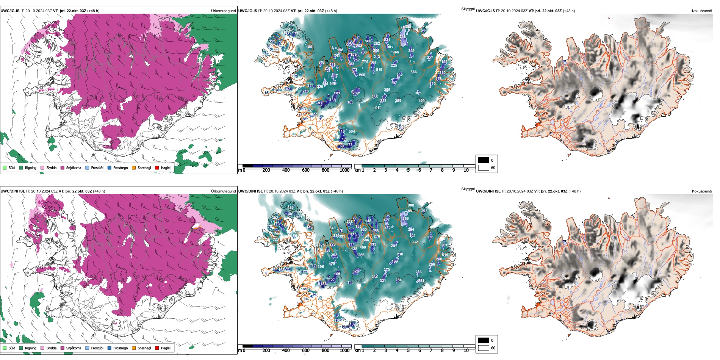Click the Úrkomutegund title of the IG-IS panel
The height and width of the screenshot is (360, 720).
(223, 11)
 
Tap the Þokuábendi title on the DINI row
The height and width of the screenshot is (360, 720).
(702, 191)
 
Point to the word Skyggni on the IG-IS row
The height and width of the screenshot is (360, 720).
(468, 9)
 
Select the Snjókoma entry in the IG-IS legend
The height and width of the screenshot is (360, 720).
(74, 168)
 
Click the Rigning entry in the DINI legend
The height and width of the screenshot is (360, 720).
(31, 348)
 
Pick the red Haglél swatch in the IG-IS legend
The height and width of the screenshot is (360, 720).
(157, 167)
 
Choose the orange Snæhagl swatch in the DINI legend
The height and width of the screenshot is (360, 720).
(134, 348)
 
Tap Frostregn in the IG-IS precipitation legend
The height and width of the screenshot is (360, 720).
(121, 168)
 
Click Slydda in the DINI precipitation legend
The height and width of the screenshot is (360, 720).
(52, 348)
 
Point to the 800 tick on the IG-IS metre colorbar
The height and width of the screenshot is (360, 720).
(325, 170)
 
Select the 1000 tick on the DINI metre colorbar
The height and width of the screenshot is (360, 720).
(344, 351)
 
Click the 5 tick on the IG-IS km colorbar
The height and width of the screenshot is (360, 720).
(408, 170)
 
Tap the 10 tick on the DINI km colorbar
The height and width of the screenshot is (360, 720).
(466, 351)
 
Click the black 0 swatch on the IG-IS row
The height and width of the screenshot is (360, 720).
(484, 160)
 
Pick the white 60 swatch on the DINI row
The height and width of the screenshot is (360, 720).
(484, 348)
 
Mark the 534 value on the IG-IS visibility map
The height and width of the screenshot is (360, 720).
(352, 131)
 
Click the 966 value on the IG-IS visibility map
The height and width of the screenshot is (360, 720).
(395, 52)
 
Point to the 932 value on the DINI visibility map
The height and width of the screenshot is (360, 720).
(415, 242)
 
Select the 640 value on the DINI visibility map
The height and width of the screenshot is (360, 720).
(332, 228)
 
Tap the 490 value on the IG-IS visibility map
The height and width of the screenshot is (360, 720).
(421, 101)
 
